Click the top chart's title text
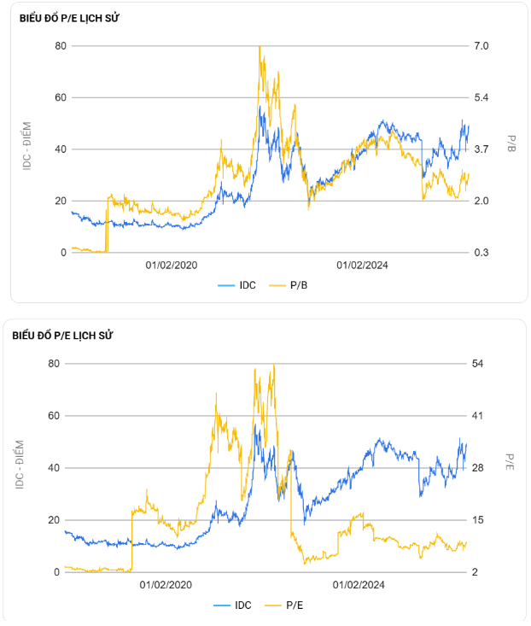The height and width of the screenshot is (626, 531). coord(66,19)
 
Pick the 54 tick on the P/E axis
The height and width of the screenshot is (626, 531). coord(477,364)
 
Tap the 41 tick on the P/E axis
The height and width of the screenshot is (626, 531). coord(477,416)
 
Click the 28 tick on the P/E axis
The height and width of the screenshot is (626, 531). coord(477,468)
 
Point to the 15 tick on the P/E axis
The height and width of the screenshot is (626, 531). coord(477,520)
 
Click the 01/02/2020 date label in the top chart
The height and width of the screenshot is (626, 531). coord(172,266)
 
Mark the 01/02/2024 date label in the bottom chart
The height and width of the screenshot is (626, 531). coord(359,585)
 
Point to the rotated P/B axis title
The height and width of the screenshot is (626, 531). coord(511,143)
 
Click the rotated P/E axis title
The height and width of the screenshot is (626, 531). coord(511,462)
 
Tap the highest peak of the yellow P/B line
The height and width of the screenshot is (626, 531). coord(260,47)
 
